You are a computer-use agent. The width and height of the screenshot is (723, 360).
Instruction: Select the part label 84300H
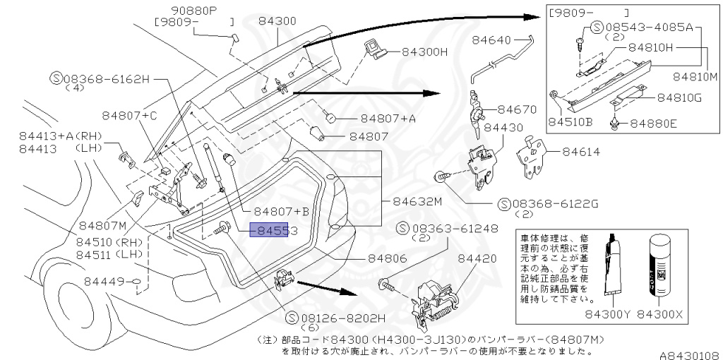coord(425,52)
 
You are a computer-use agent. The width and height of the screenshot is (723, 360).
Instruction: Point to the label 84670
coord(518,109)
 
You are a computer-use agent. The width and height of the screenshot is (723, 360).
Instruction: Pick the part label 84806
coord(387,259)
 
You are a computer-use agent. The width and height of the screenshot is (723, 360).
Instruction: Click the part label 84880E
coord(653,123)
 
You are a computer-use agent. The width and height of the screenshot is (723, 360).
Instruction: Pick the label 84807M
coord(102,226)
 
